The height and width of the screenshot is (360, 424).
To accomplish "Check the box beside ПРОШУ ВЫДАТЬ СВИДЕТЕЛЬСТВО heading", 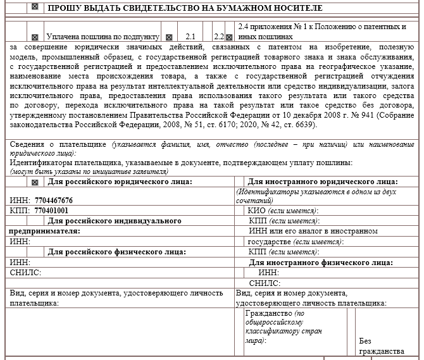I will (x=35, y=7).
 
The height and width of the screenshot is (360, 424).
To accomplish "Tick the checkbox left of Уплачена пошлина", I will (x=35, y=37).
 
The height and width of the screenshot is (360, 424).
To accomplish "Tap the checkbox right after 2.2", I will (x=229, y=37).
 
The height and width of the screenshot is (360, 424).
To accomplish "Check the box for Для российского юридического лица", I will (x=35, y=182).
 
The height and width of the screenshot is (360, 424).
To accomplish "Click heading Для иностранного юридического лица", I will (x=322, y=182).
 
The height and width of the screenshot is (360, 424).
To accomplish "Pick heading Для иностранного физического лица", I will (x=321, y=262).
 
